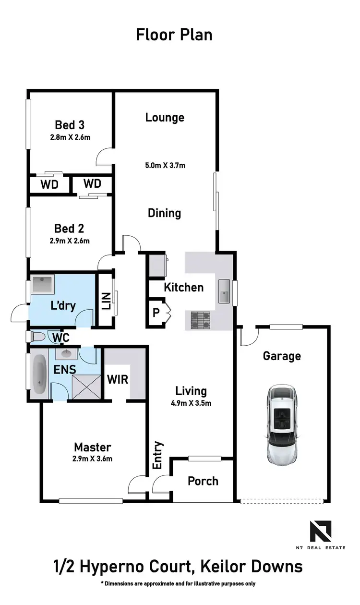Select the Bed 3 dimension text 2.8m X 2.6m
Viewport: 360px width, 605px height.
coord(70,137)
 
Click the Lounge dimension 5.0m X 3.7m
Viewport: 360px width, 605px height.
coord(165,166)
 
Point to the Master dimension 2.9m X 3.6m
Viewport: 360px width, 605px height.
coord(93,458)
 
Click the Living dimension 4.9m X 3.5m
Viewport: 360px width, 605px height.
coord(191,403)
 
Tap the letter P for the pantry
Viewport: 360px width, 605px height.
coord(156,312)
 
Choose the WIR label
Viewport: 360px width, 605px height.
coord(118,379)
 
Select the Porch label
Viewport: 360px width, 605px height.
coord(203,481)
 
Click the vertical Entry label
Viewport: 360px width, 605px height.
coord(158,455)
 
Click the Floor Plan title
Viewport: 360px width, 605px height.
coord(174,35)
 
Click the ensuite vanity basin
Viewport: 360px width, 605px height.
coord(65,355)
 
